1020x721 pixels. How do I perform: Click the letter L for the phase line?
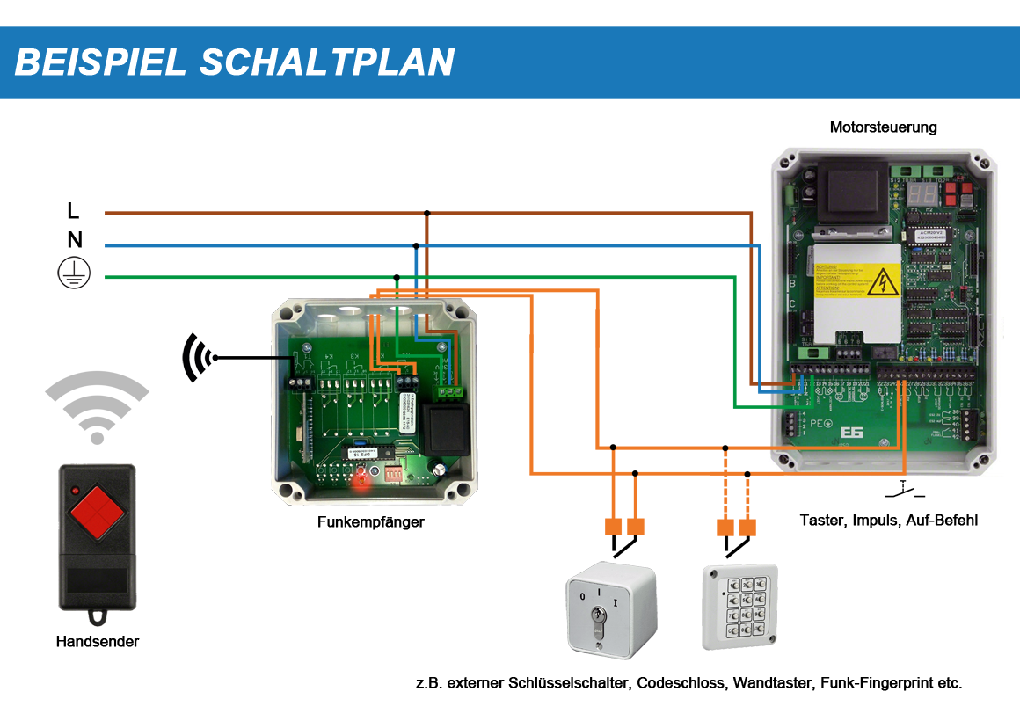(x=73, y=210)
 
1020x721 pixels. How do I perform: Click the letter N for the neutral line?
(x=75, y=240)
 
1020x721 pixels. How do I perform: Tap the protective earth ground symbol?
(x=74, y=274)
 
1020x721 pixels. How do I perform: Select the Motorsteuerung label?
(x=883, y=127)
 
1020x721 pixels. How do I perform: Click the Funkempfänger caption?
(x=370, y=522)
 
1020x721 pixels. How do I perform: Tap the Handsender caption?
(x=97, y=642)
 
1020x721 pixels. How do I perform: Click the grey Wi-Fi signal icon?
(x=97, y=405)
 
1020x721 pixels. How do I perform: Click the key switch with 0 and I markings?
(x=609, y=608)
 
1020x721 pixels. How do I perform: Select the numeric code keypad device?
(x=739, y=607)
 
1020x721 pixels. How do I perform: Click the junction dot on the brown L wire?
(x=427, y=213)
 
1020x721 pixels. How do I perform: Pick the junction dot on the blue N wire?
(x=415, y=244)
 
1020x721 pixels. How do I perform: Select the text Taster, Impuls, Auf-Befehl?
(x=888, y=521)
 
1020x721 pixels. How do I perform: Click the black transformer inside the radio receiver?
(x=448, y=427)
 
